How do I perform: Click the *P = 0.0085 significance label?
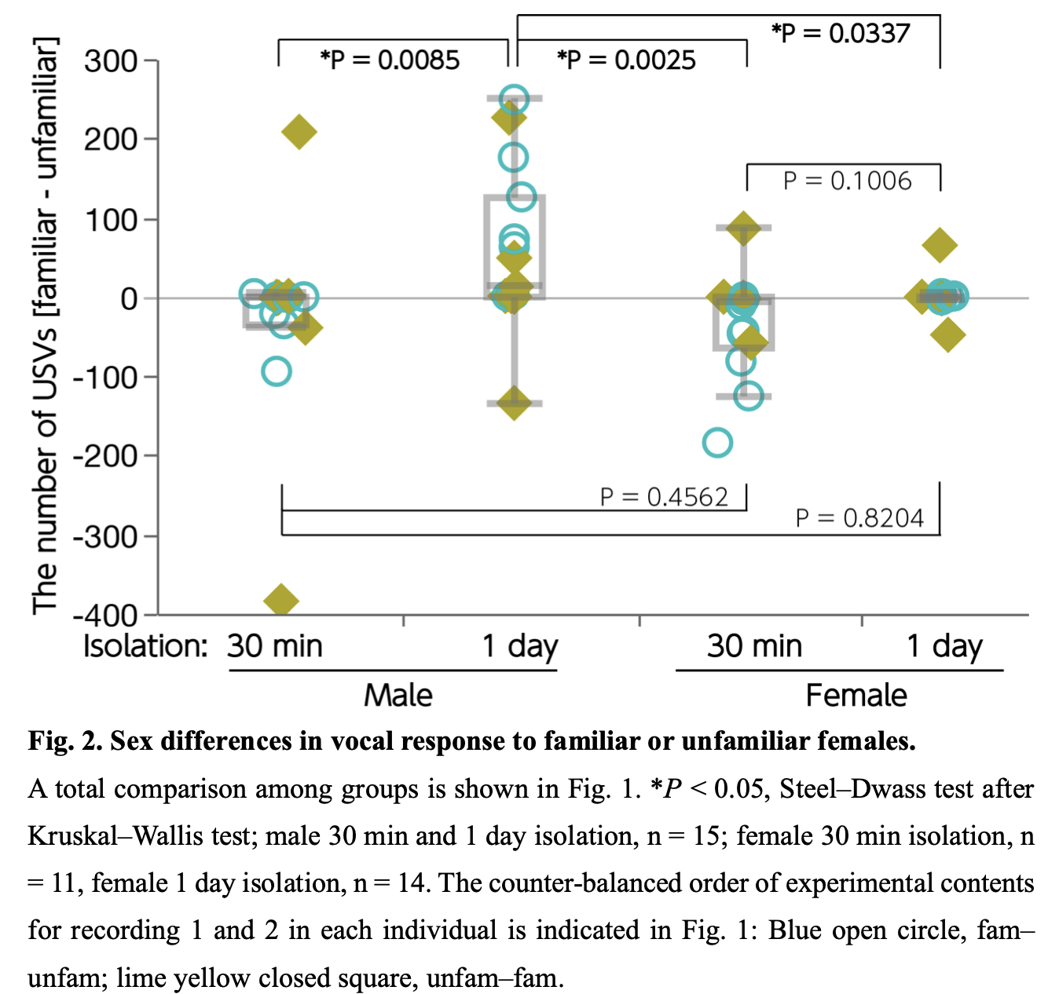390,60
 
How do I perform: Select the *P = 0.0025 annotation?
626,60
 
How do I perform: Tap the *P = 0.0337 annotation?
841,34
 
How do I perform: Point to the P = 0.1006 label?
847,181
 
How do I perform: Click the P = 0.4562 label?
664,497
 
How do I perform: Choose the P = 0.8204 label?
859,518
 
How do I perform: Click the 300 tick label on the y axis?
111,60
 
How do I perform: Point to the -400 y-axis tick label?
105,615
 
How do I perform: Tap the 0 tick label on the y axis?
129,298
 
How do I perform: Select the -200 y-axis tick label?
105,456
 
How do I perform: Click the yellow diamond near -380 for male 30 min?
281,601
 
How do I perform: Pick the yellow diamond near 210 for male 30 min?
299,132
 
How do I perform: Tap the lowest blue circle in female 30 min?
717,443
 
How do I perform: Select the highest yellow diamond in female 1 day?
940,246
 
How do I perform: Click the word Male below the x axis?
398,696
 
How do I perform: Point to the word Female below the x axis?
856,696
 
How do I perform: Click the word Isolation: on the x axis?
145,647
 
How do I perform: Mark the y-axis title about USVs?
45,324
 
